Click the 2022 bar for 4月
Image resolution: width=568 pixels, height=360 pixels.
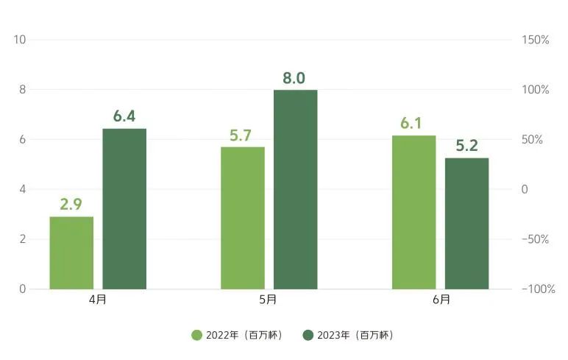71,253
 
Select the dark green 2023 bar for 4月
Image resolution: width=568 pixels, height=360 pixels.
124,208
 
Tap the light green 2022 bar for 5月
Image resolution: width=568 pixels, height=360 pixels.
243,218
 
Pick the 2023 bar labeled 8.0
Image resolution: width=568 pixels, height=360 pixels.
296,189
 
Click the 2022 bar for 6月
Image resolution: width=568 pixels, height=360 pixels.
413,212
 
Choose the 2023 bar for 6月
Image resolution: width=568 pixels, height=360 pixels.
466,223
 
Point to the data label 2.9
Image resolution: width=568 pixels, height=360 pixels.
71,205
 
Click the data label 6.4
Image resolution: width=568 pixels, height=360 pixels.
124,116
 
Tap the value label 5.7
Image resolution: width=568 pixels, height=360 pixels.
242,135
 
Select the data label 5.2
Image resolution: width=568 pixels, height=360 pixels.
466,146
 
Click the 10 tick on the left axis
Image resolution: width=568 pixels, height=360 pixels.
20,40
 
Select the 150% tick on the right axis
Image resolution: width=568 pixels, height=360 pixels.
535,40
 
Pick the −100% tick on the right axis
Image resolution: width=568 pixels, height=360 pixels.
538,289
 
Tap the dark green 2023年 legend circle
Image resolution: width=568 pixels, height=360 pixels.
309,335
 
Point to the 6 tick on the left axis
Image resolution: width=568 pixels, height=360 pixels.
23,140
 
